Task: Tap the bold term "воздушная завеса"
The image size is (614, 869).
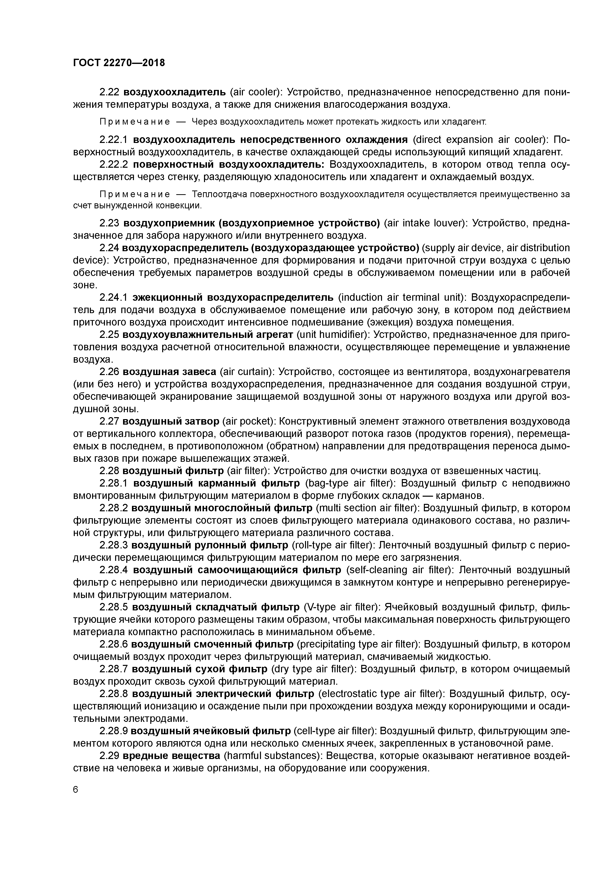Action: [x=170, y=372]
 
